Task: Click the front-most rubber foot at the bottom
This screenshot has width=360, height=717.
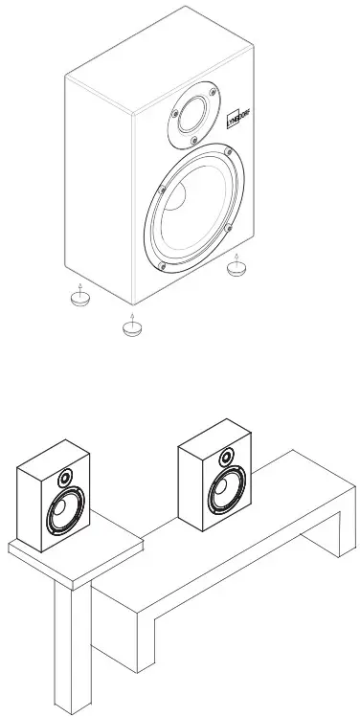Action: pyautogui.click(x=132, y=328)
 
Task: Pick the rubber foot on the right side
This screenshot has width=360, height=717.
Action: pyautogui.click(x=236, y=270)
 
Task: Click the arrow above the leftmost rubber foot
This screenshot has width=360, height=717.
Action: pyautogui.click(x=80, y=284)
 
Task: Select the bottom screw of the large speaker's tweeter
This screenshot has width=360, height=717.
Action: pyautogui.click(x=195, y=141)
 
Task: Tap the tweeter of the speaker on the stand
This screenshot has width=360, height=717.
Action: pyautogui.click(x=65, y=478)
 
